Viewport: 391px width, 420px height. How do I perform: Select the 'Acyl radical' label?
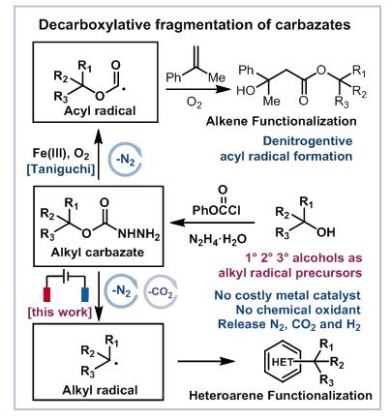tap(100, 111)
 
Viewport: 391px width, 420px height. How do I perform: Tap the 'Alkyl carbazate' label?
tap(98, 252)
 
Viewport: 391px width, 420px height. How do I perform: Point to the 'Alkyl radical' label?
tap(100, 390)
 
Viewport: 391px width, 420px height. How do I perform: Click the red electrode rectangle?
tap(46, 294)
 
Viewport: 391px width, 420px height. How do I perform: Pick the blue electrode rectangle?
tap(85, 294)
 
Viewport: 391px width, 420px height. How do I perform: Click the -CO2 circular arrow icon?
tap(161, 292)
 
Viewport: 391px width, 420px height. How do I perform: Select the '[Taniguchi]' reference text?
tap(61, 169)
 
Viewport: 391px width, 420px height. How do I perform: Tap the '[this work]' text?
tap(60, 312)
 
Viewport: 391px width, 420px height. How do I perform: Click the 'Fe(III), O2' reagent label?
tap(61, 153)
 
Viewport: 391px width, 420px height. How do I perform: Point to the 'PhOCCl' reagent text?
tap(217, 210)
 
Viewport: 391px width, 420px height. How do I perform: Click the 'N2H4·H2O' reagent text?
tap(218, 239)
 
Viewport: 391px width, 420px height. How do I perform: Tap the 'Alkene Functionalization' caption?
tap(282, 121)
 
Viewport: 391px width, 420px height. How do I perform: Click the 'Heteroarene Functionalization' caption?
tap(281, 395)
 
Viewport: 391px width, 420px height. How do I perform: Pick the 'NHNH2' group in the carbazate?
tap(139, 234)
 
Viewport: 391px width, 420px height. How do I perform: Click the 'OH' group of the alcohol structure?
tap(326, 232)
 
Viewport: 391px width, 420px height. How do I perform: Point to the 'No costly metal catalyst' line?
tap(287, 295)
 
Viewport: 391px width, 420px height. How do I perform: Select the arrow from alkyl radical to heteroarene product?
tap(206, 361)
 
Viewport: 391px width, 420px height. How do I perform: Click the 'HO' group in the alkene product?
tap(246, 91)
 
